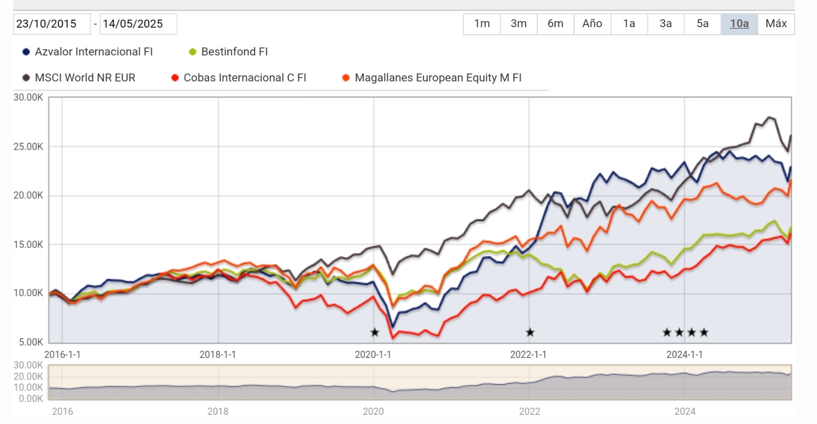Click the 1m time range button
tap(482, 24)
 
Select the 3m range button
tap(518, 24)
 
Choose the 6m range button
tap(555, 24)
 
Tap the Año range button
tap(592, 24)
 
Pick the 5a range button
tap(702, 24)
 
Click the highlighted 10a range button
tap(739, 24)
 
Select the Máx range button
tap(776, 24)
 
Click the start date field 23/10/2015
tap(51, 24)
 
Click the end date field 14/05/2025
tap(138, 24)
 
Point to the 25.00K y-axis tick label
tap(28, 147)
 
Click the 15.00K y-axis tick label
tap(28, 245)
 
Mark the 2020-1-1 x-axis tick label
tap(373, 355)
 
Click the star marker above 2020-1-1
tap(375, 332)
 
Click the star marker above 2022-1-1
tap(530, 332)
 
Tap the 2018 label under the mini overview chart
tap(218, 411)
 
